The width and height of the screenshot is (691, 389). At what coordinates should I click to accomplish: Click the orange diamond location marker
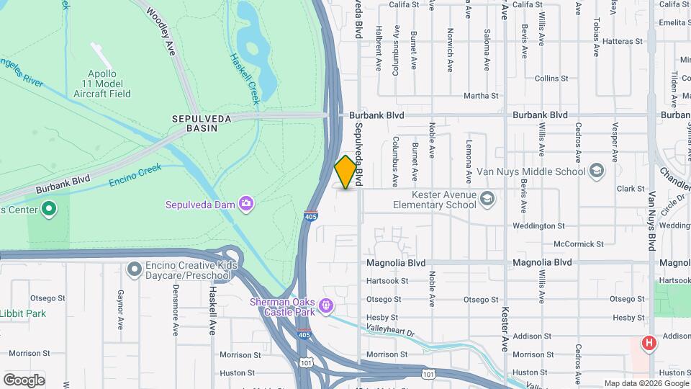346,172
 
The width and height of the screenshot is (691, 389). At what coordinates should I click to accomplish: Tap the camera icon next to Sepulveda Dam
246,204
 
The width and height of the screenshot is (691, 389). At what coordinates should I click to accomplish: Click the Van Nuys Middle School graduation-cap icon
596,171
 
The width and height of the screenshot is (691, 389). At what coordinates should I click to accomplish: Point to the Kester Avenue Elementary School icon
487,199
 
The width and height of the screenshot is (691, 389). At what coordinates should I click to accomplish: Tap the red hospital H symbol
649,343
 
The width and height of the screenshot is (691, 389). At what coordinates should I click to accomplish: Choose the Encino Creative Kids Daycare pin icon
134,270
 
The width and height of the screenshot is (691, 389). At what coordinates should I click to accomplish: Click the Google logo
24,380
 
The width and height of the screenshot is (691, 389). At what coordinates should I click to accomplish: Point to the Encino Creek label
136,175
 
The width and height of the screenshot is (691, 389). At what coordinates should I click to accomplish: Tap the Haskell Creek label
244,79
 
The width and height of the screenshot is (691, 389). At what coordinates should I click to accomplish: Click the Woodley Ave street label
161,30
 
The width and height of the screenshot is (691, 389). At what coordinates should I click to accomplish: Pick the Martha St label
481,96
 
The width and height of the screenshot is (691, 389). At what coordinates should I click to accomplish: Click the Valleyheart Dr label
391,333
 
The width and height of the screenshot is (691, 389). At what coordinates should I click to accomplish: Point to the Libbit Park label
23,313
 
